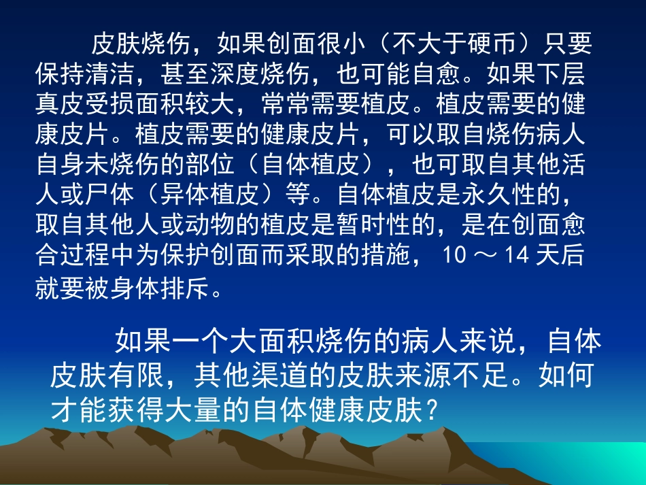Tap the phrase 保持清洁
tap(86, 74)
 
